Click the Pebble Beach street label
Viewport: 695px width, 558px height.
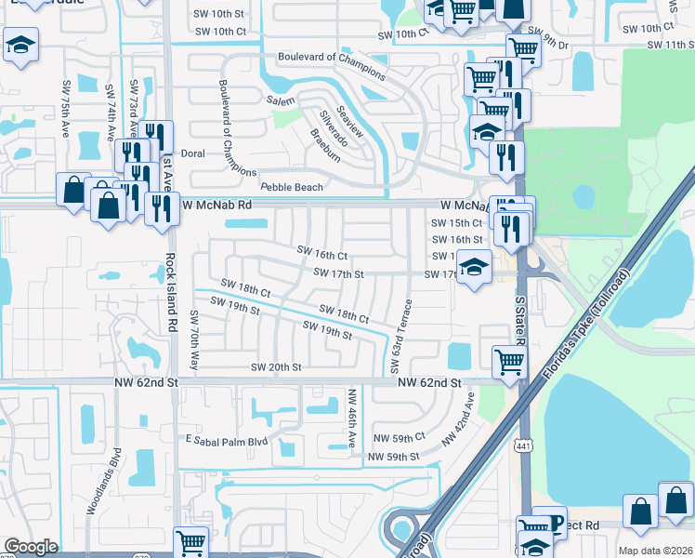pyautogui.click(x=291, y=187)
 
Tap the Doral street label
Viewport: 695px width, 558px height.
pyautogui.click(x=192, y=153)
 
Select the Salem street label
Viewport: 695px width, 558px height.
pyautogui.click(x=280, y=100)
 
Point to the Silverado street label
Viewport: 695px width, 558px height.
pyautogui.click(x=333, y=128)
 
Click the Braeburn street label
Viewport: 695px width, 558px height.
pyautogui.click(x=328, y=147)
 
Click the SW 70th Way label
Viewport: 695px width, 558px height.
pyautogui.click(x=194, y=341)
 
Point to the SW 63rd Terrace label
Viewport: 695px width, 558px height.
pyautogui.click(x=407, y=331)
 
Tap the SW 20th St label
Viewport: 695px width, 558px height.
pyautogui.click(x=276, y=367)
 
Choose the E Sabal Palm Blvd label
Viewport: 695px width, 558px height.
pyautogui.click(x=227, y=439)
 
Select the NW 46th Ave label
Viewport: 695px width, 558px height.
pyautogui.click(x=352, y=416)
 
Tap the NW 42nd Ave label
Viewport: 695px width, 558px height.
pyautogui.click(x=458, y=420)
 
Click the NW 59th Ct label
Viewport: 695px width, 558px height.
pyautogui.click(x=399, y=437)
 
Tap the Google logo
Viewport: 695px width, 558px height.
pyautogui.click(x=31, y=547)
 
